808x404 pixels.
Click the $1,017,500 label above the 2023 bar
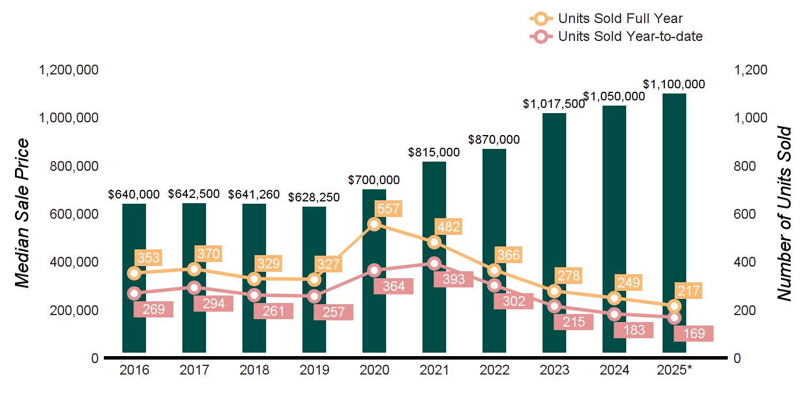tap(553, 104)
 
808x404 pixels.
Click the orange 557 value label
tap(387, 209)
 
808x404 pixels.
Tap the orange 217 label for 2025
tap(688, 291)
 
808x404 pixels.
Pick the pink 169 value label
tap(694, 333)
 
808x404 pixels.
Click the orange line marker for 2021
tap(435, 242)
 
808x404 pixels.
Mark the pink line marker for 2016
tap(134, 293)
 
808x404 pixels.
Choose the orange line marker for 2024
tap(615, 298)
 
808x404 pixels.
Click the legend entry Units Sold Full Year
tap(620, 18)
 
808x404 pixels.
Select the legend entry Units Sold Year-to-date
tap(630, 36)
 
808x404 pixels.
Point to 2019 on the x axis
tap(314, 370)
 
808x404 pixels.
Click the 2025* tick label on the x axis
tap(674, 370)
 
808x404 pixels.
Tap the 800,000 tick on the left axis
tap(69, 166)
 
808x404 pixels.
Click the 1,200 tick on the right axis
tap(751, 70)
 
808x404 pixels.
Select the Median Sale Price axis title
tap(22, 214)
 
